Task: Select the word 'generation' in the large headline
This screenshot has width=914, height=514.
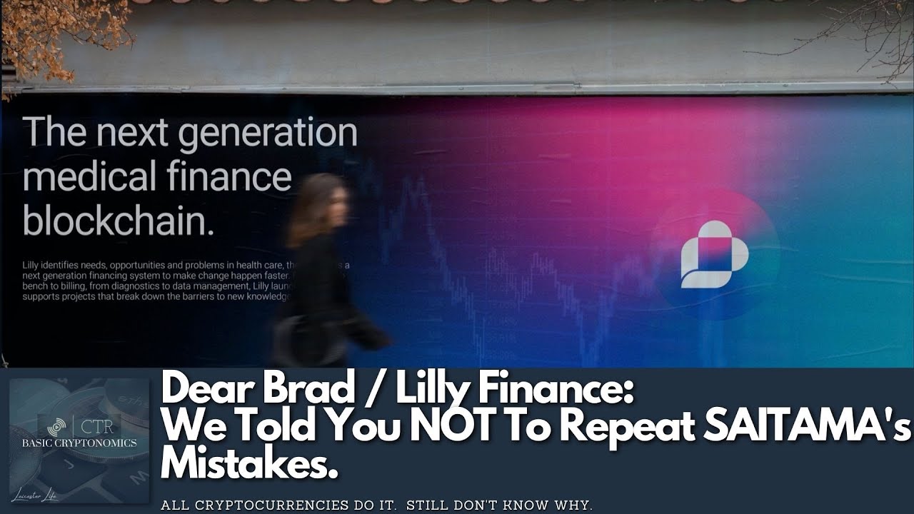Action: tap(267, 134)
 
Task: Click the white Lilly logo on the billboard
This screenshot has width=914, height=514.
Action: tap(713, 254)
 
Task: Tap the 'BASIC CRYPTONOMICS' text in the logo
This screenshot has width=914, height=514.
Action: tap(79, 443)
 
